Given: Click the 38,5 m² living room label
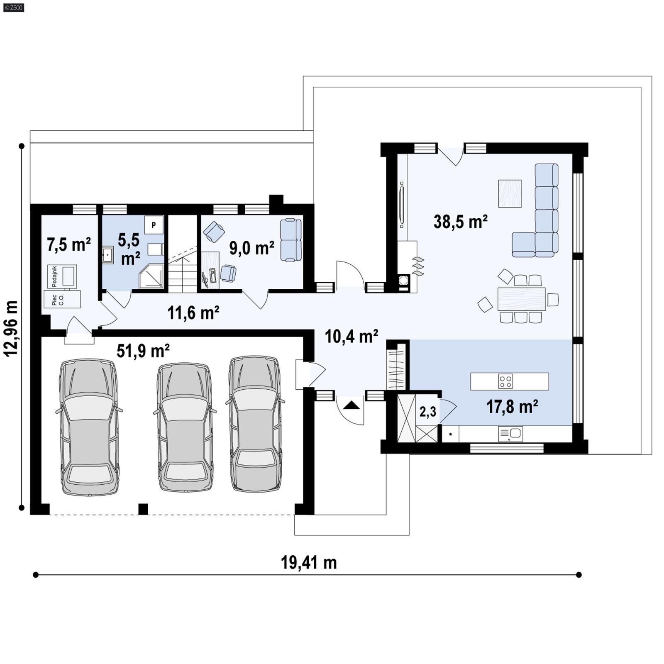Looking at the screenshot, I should click(x=460, y=222).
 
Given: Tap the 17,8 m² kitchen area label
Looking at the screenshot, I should click(x=512, y=407).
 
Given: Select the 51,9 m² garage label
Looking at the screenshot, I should click(x=143, y=351).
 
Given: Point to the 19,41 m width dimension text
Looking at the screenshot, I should click(x=309, y=563).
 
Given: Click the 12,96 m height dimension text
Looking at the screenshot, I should click(x=11, y=328).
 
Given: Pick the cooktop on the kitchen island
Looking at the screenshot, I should click(x=505, y=381).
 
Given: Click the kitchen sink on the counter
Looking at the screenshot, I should click(x=510, y=434).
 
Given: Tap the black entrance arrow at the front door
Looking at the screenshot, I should click(x=352, y=405).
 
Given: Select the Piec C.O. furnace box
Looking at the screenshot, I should click(x=62, y=299).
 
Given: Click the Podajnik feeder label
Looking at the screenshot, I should click(x=54, y=276).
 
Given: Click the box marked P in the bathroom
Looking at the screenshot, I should click(x=154, y=225).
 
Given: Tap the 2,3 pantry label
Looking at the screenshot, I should click(x=427, y=412).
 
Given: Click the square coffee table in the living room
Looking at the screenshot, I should click(x=510, y=193).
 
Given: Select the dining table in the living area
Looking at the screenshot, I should click(x=521, y=299).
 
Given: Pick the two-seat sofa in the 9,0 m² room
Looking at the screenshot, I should click(x=290, y=240).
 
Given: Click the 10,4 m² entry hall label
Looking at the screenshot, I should click(x=351, y=337).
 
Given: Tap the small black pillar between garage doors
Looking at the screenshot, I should click(x=143, y=509).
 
